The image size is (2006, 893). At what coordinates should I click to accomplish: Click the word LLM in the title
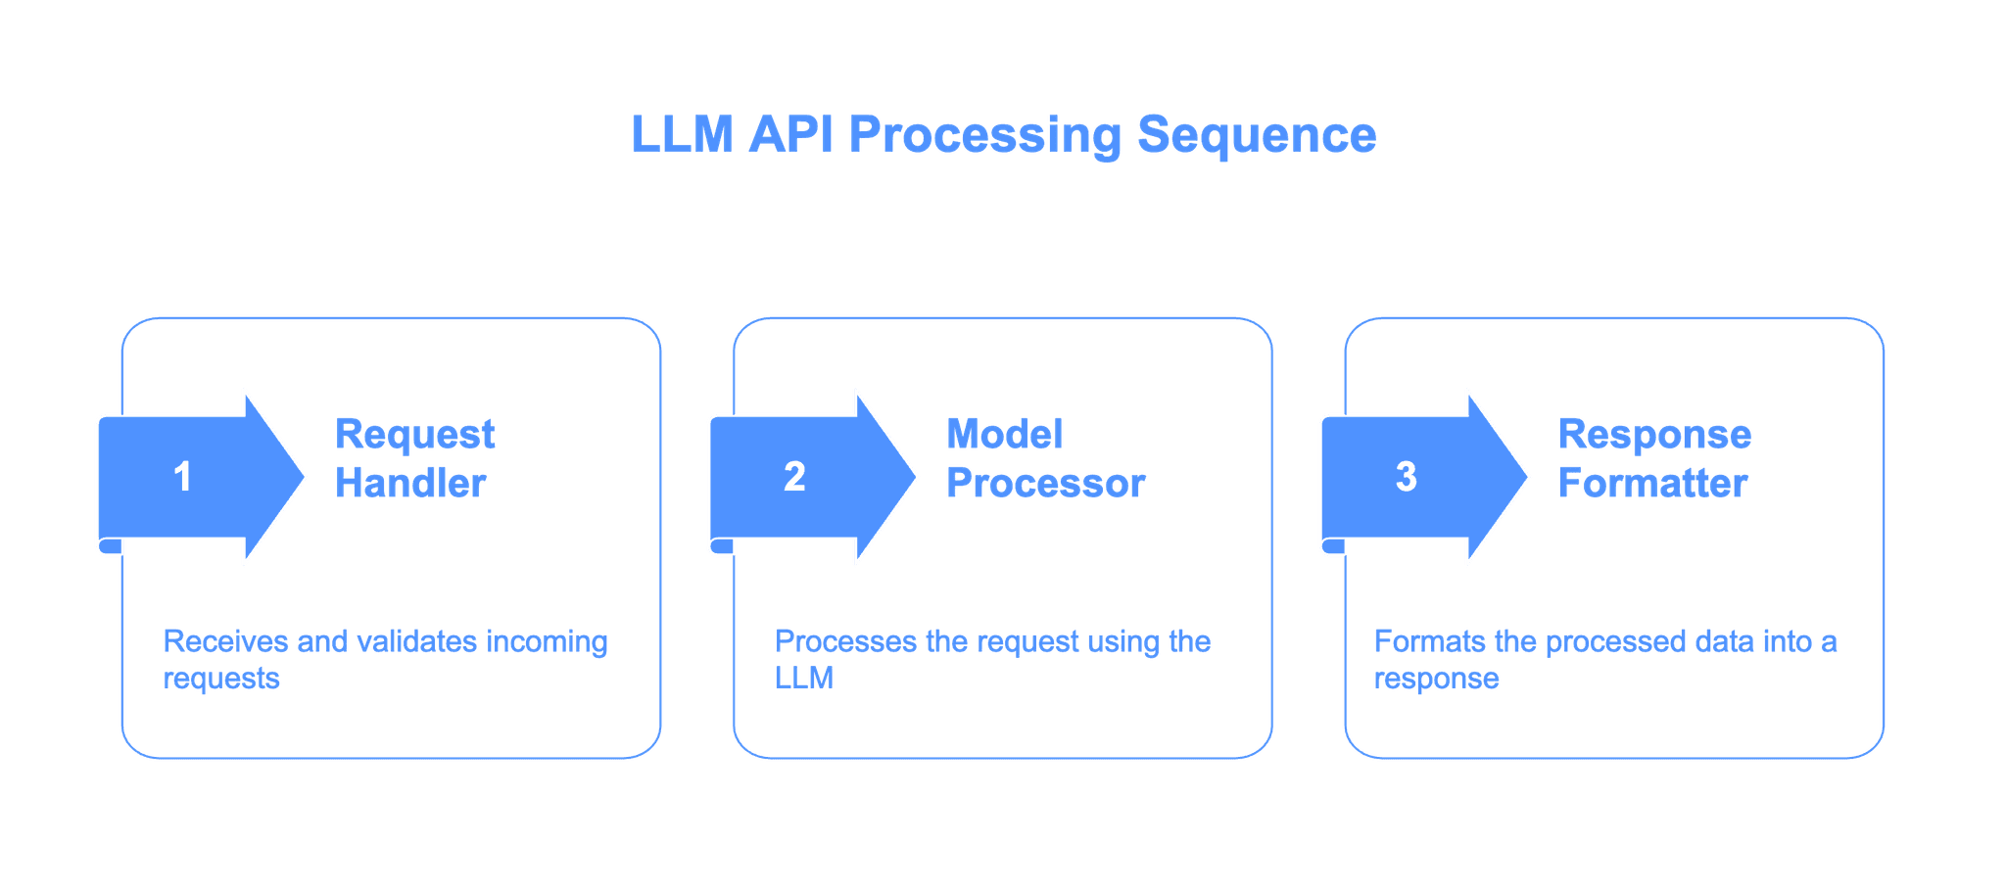680,134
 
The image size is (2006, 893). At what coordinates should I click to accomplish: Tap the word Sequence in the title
1257,134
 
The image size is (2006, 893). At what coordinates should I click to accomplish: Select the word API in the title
791,134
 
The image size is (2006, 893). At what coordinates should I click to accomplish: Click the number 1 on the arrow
182,477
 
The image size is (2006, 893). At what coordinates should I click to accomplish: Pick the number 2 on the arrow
794,477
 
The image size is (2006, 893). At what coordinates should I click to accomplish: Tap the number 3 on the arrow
1406,477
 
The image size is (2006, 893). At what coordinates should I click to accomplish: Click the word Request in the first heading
415,435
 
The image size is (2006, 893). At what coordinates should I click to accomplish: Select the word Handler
410,483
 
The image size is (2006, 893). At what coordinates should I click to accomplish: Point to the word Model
1004,435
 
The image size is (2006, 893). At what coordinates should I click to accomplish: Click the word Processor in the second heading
1045,483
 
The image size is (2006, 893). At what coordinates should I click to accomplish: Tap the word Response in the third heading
1654,435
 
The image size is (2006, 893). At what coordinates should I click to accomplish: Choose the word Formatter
1652,483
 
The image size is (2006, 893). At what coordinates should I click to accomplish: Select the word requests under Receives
221,679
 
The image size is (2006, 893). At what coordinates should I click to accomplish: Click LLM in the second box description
804,679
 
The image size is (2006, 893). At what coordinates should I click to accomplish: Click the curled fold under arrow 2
722,546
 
